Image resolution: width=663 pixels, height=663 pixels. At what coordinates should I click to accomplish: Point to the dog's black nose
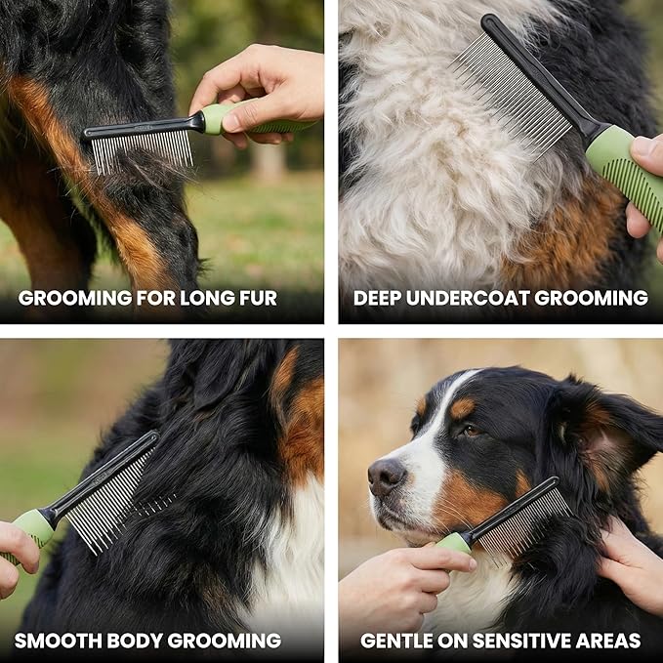(387, 475)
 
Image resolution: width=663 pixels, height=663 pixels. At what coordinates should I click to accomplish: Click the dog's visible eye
(471, 431)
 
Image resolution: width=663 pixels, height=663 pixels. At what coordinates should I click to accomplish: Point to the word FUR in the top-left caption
(259, 298)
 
